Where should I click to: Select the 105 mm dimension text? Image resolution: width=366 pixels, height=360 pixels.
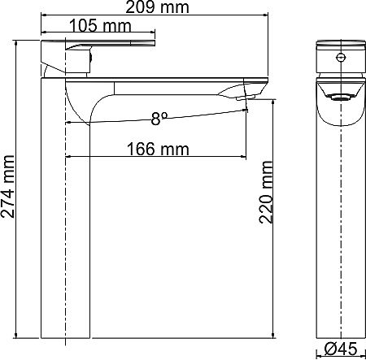[100, 26]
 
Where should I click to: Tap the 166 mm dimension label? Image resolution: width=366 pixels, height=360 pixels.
[158, 149]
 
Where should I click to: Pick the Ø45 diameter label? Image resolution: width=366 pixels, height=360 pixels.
[342, 349]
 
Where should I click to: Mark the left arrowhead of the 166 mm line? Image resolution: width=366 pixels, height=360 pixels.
[68, 157]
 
